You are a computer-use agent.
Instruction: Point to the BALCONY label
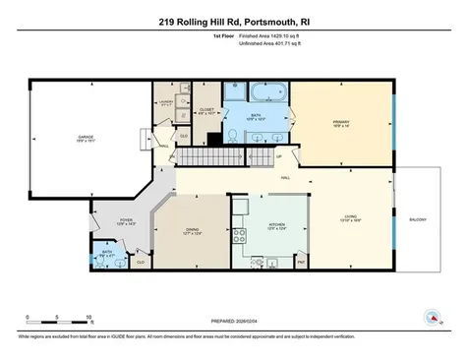click(418, 219)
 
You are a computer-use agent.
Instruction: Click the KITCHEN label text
click(277, 225)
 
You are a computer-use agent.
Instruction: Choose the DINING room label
click(192, 231)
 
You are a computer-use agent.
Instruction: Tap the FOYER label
click(126, 221)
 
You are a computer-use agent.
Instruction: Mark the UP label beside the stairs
click(278, 155)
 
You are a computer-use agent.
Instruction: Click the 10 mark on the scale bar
click(89, 318)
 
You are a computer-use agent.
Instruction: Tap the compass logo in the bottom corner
click(429, 316)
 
